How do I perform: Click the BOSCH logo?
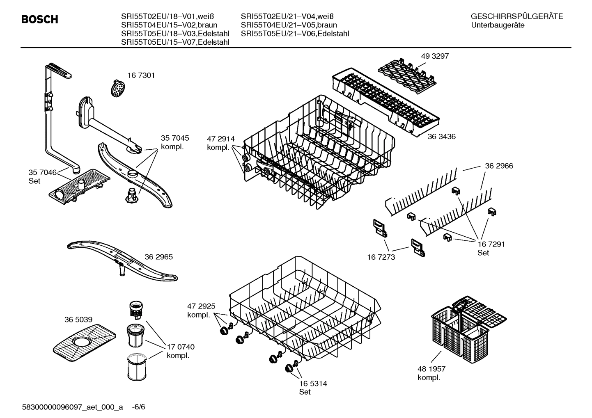39,20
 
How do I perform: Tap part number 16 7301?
141,75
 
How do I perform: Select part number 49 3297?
435,56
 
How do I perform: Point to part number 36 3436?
441,136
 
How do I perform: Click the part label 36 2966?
499,166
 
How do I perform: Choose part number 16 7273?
381,257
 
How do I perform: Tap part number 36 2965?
158,257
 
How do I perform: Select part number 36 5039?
78,320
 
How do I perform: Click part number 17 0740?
181,347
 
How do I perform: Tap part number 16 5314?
313,384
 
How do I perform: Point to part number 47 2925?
201,306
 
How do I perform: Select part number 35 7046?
42,172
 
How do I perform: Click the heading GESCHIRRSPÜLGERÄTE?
516,16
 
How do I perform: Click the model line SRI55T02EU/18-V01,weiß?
167,16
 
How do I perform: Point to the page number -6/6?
139,407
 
